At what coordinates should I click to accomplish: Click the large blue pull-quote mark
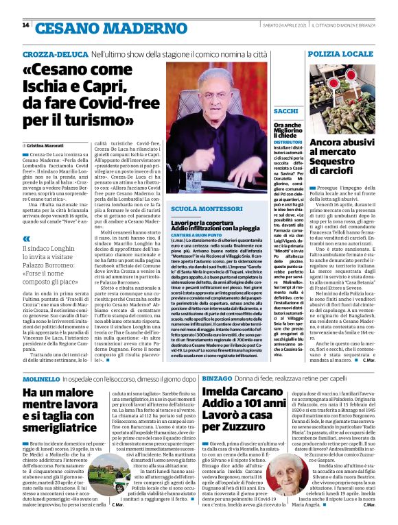[27, 239]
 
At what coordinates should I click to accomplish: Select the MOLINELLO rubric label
[40, 378]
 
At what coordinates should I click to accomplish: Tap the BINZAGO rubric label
[216, 378]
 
